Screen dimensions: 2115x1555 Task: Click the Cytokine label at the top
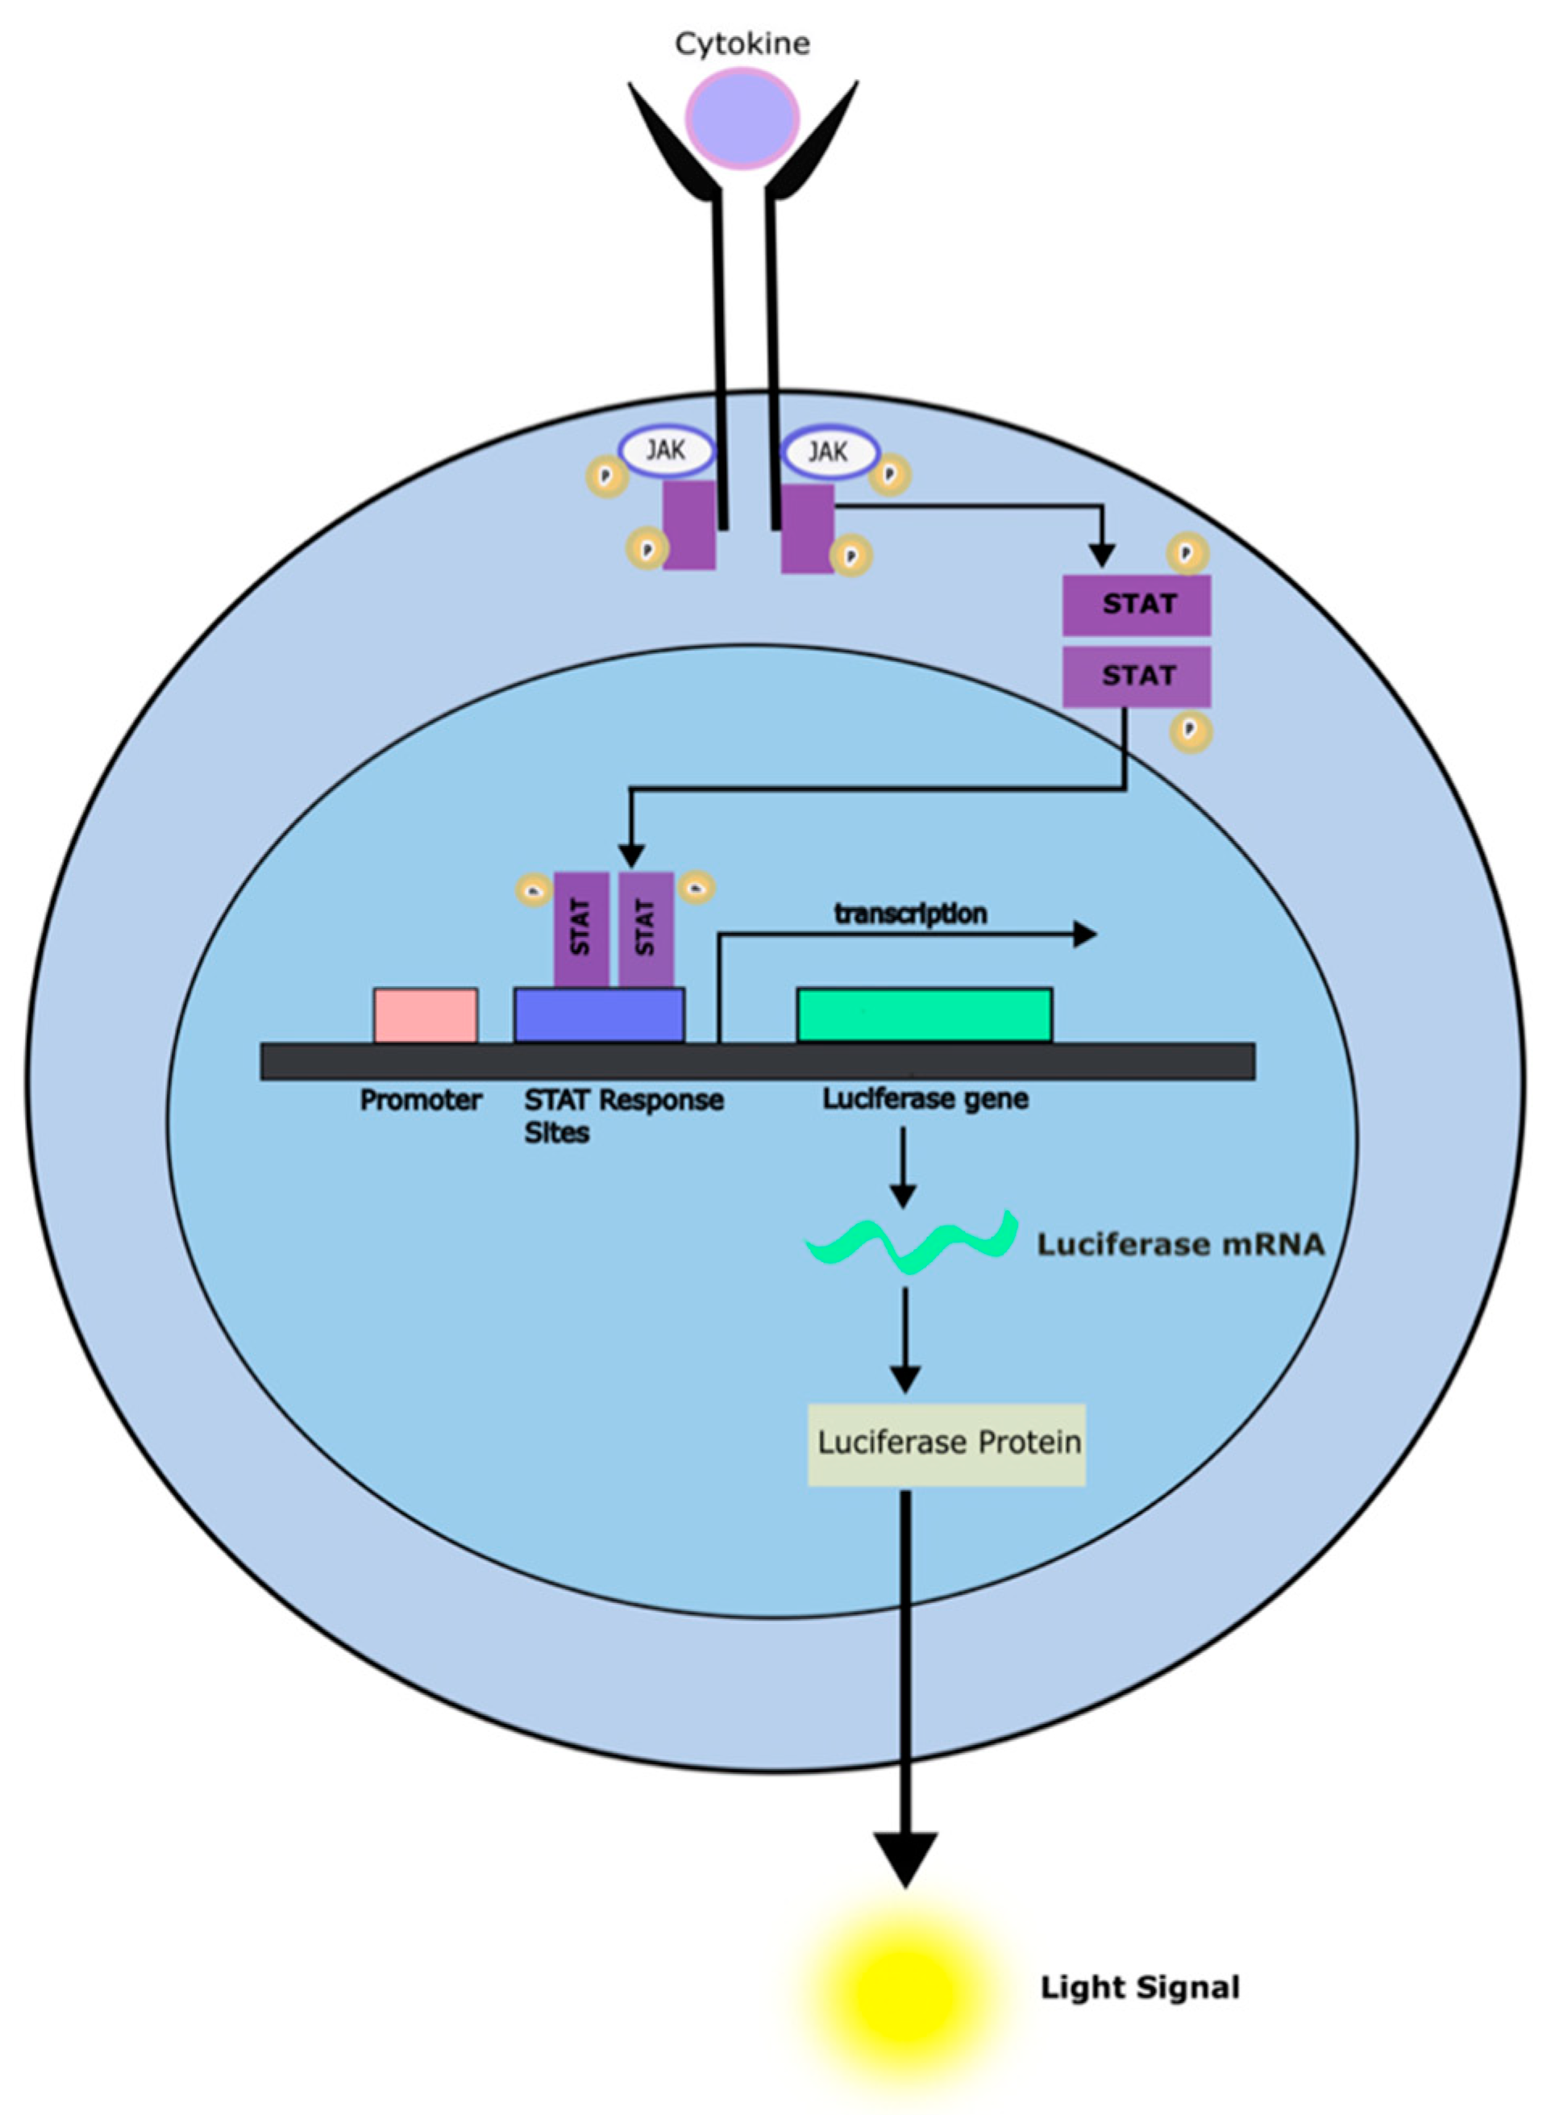click(x=742, y=44)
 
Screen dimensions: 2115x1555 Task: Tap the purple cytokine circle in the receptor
click(x=742, y=119)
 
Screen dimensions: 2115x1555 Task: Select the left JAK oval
click(x=667, y=451)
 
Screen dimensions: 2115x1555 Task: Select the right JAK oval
click(x=829, y=452)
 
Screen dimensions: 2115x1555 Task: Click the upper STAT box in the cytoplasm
click(x=1136, y=604)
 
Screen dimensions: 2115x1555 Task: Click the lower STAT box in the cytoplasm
click(x=1136, y=676)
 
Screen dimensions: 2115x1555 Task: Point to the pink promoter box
click(x=426, y=1014)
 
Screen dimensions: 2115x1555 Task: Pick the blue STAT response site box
click(x=599, y=1014)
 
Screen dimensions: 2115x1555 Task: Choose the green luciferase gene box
click(x=925, y=1014)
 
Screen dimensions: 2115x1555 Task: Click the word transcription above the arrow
click(x=910, y=913)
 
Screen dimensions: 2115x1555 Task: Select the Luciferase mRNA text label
click(x=1180, y=1244)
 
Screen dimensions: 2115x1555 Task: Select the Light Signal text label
click(x=1140, y=1988)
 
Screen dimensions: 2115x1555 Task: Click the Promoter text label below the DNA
click(x=421, y=1099)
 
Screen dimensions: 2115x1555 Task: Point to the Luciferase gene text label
click(x=925, y=1098)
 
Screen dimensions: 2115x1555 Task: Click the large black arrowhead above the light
click(x=904, y=1859)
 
